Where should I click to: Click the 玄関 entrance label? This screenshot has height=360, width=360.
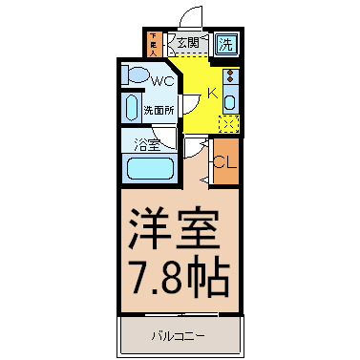(x=187, y=42)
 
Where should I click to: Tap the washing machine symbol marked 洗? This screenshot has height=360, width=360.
(x=226, y=43)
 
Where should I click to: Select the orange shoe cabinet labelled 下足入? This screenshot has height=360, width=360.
(x=156, y=43)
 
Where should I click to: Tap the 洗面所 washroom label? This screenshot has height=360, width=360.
(x=159, y=109)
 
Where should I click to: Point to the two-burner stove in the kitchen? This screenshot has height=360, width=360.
(x=230, y=77)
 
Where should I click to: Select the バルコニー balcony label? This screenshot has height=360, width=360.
(x=179, y=334)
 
